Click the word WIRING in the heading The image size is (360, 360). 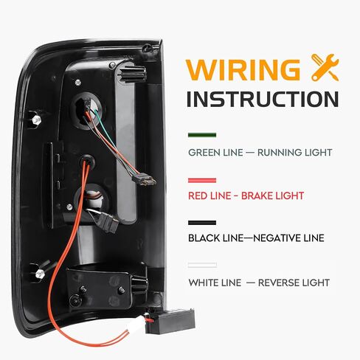coord(243,69)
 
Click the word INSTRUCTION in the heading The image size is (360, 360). coord(263,99)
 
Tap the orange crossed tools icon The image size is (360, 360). coord(325,67)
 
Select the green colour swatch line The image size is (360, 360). coord(202,135)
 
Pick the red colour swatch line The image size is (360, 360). coord(202,181)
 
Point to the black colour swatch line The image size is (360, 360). coord(202,223)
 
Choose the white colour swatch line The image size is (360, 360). coord(202,265)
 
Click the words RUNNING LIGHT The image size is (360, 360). coord(294,153)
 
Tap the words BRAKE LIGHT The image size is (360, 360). coord(272,195)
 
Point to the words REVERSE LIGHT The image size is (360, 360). coord(294,283)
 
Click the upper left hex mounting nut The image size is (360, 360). coord(36,120)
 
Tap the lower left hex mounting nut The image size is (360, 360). coord(39,274)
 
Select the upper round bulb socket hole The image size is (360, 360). coord(87,111)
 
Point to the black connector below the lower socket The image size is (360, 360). coord(108,223)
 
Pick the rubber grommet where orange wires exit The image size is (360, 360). coord(87,161)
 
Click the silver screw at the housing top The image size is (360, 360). coord(112,65)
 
